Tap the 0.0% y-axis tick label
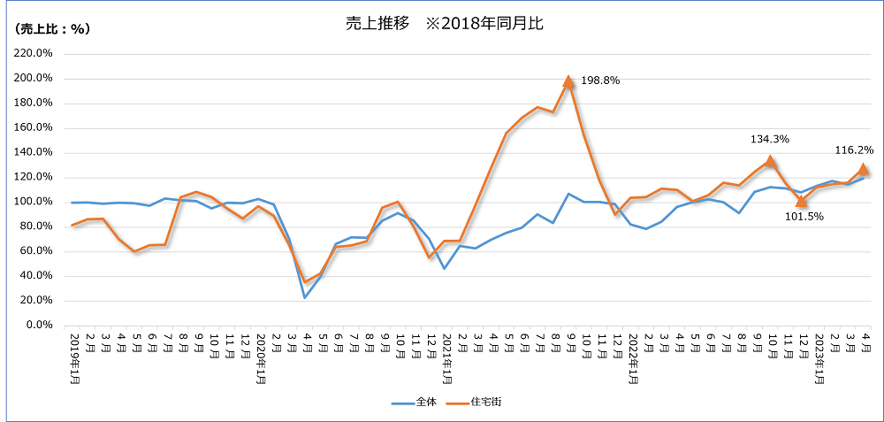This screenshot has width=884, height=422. point(39,326)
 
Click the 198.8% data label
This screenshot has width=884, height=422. point(600,81)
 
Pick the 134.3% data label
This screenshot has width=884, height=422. point(769,139)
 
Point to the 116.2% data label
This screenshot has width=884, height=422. point(855,151)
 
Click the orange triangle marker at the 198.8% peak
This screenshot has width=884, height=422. point(568,81)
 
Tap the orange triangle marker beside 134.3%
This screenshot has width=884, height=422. point(770,161)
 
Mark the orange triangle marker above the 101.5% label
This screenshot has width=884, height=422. point(802,201)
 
